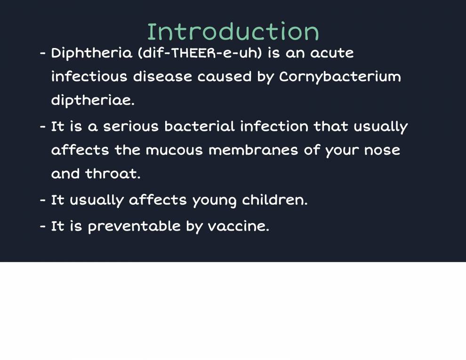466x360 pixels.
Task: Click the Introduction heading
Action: coord(233,32)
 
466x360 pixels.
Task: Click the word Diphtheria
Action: coord(92,53)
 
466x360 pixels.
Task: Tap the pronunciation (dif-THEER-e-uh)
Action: coord(200,53)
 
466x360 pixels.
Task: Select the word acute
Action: coord(331,53)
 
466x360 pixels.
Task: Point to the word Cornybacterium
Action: coord(340,77)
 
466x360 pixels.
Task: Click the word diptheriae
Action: coord(92,101)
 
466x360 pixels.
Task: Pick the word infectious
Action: coord(89,77)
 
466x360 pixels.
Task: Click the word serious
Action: coord(131,127)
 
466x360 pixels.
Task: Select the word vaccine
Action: coord(238,226)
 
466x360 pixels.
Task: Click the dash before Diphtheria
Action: coord(42,53)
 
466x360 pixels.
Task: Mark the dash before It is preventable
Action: coord(42,226)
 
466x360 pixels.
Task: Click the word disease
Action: coord(162,77)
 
